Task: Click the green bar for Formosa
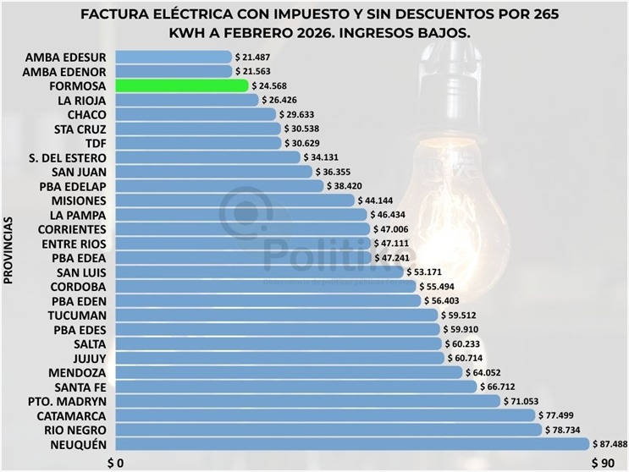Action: [x=180, y=85]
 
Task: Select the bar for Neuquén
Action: [x=350, y=444]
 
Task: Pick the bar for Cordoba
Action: [x=266, y=287]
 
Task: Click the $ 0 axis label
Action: [x=115, y=462]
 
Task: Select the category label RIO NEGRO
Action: [x=72, y=430]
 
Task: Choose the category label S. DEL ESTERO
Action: [x=67, y=157]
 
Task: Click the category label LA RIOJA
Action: [x=81, y=100]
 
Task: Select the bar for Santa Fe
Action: [x=295, y=387]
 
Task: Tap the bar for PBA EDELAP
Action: [x=218, y=186]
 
